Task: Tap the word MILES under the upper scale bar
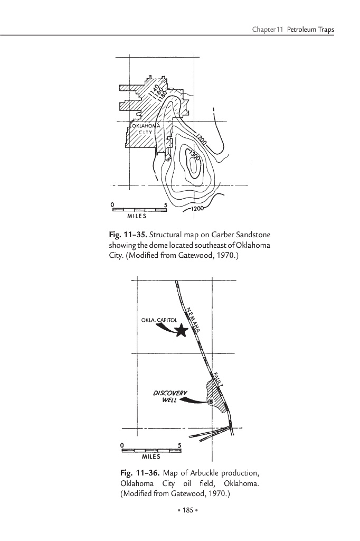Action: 137,216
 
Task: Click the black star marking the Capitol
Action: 181,331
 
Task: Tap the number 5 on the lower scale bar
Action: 180,446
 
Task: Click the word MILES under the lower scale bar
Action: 151,456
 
